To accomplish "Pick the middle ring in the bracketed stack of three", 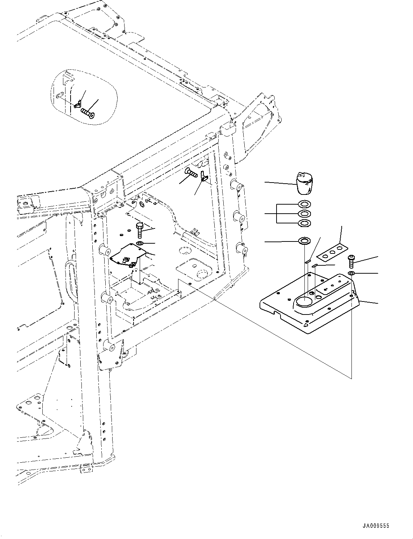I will coord(304,214).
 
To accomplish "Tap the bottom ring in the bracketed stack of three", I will coord(304,223).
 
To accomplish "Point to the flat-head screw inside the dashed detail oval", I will coord(88,113).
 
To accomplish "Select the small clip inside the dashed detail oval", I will coord(77,105).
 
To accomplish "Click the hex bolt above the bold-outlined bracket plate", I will coord(140,230).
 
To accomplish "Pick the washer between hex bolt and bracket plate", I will coord(140,243).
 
